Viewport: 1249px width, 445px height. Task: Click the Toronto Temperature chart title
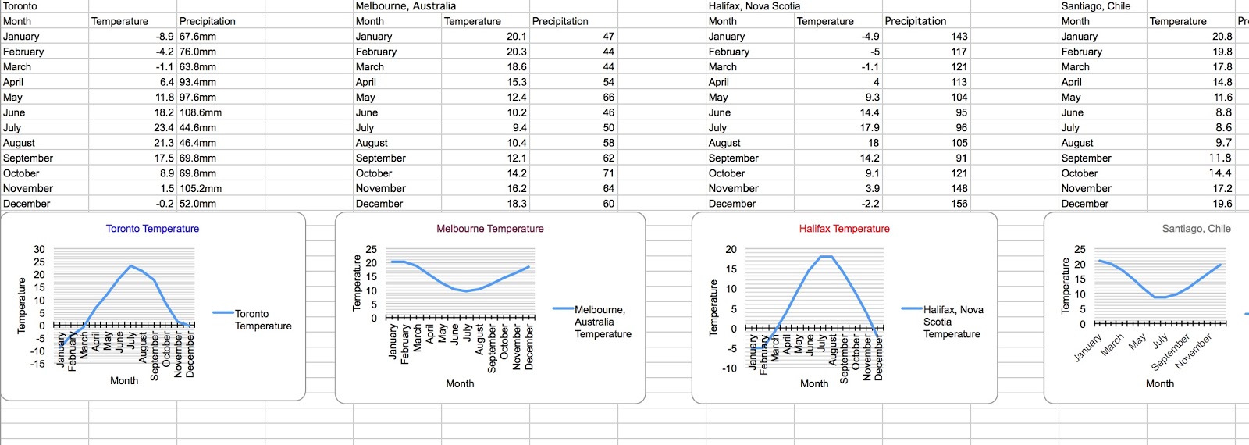[x=152, y=229]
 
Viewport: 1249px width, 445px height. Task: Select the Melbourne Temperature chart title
[x=489, y=229]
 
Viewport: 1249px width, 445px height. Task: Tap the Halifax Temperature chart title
[x=844, y=229]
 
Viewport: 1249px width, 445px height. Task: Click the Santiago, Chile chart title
[x=1196, y=229]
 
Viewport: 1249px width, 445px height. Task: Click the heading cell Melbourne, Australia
[x=406, y=6]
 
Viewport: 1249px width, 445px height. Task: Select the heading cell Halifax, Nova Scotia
[x=754, y=6]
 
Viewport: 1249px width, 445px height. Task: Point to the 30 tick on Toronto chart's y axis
[x=39, y=250]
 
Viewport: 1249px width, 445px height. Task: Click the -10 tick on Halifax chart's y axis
[x=729, y=368]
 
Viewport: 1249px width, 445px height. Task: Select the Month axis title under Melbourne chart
[x=460, y=384]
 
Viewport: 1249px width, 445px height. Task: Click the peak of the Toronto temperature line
[x=131, y=266]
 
